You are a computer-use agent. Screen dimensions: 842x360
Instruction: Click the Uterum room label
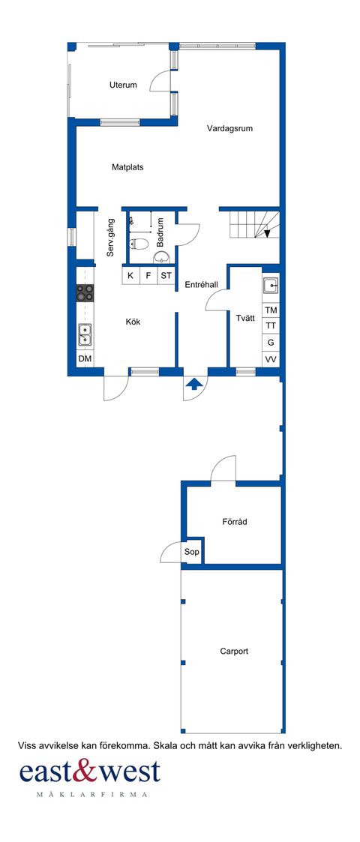(123, 85)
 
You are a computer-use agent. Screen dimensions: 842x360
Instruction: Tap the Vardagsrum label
(229, 128)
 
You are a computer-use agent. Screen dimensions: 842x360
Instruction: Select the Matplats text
(127, 167)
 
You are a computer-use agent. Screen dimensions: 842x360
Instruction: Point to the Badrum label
(160, 233)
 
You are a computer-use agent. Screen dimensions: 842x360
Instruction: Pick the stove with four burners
(85, 293)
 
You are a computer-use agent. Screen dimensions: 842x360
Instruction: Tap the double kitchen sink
(85, 334)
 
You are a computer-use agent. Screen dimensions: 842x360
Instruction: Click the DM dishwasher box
(85, 359)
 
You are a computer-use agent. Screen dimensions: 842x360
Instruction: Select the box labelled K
(130, 276)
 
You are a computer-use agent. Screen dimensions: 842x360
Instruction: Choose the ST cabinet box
(166, 276)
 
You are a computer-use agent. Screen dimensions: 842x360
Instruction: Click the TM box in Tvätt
(271, 310)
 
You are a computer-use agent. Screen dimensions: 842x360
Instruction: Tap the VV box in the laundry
(271, 359)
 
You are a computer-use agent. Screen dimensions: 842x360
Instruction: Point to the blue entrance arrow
(194, 385)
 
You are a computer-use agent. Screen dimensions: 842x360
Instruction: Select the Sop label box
(192, 551)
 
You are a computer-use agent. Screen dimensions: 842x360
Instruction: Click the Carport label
(234, 651)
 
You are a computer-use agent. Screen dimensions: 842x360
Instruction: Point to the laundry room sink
(271, 286)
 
